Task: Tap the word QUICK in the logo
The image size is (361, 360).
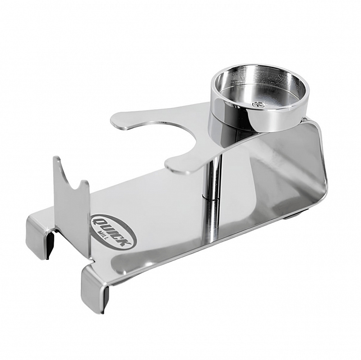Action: (116, 232)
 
